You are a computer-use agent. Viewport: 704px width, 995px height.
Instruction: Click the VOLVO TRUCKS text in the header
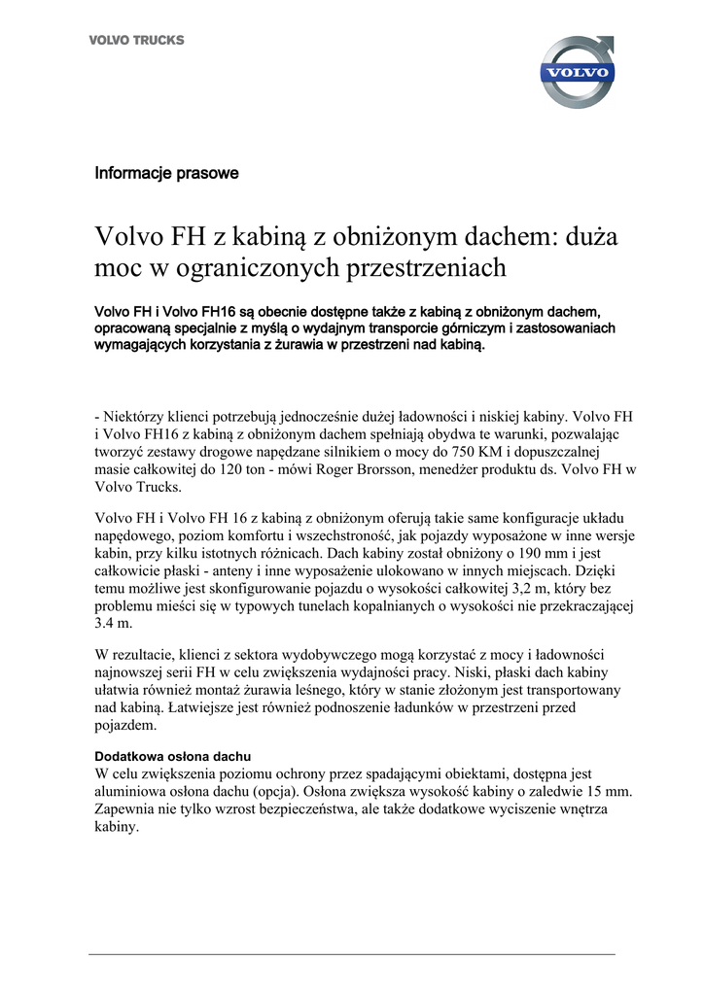pos(136,41)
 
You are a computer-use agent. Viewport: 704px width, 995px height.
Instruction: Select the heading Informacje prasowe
pos(166,174)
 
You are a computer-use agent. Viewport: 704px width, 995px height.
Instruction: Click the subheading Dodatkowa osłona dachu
pos(173,756)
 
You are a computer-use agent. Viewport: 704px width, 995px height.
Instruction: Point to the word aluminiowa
pos(133,792)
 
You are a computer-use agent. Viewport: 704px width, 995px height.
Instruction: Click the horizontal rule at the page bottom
pos(352,954)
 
